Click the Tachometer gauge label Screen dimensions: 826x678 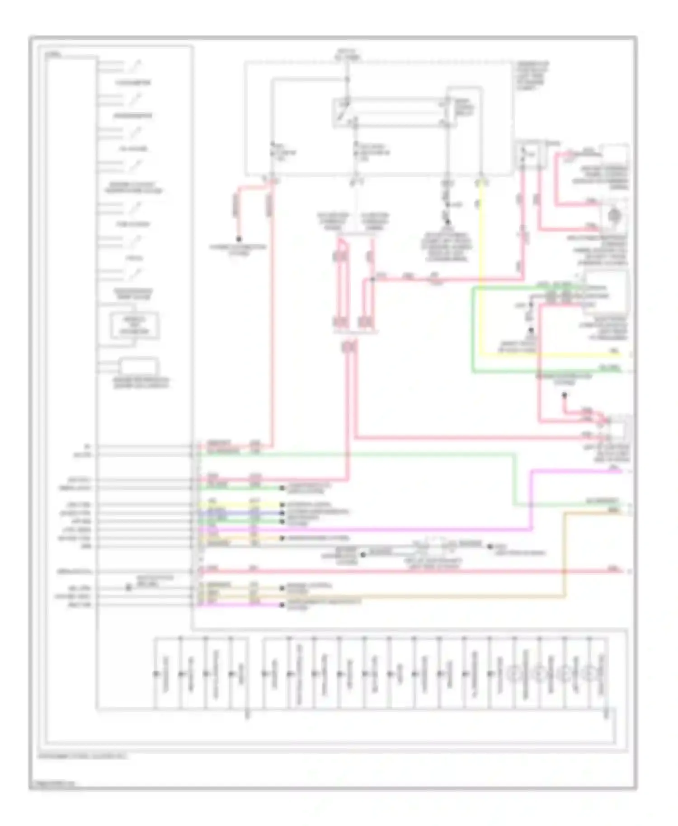tap(133, 83)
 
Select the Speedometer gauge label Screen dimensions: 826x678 tap(133, 116)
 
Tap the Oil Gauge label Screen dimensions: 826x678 tap(133, 149)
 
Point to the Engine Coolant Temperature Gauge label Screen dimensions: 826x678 tap(133, 188)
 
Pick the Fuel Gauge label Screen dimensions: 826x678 tap(133, 225)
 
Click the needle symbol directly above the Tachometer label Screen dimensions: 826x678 tap(135, 66)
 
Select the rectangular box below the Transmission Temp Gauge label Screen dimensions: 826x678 tap(135, 325)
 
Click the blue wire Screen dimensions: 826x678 tap(240, 513)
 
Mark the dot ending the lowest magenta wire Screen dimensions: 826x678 tap(282, 605)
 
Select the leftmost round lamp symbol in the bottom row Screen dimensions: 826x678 tap(513, 674)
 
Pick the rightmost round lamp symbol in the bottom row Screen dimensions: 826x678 tap(589, 674)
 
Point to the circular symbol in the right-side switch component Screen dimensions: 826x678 tap(614, 216)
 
